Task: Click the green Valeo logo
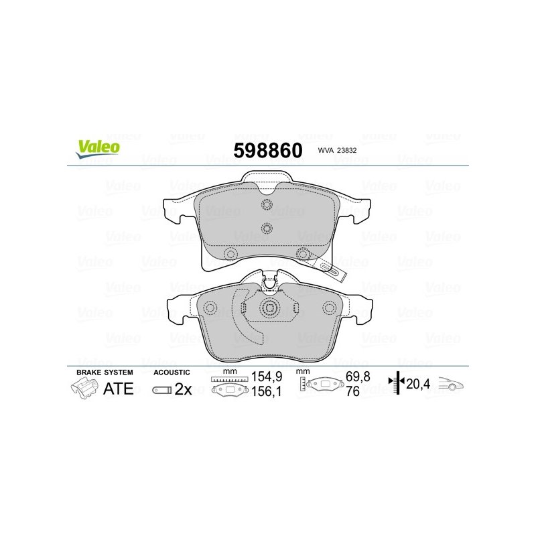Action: (x=98, y=149)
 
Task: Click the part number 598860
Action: (x=268, y=150)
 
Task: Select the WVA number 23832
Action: (x=346, y=150)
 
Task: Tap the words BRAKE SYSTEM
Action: (x=105, y=373)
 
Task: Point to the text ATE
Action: (x=119, y=389)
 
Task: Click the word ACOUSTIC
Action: (x=172, y=373)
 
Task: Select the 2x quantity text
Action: (x=183, y=389)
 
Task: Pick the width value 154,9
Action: (x=267, y=377)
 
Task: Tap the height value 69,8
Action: (x=358, y=377)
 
